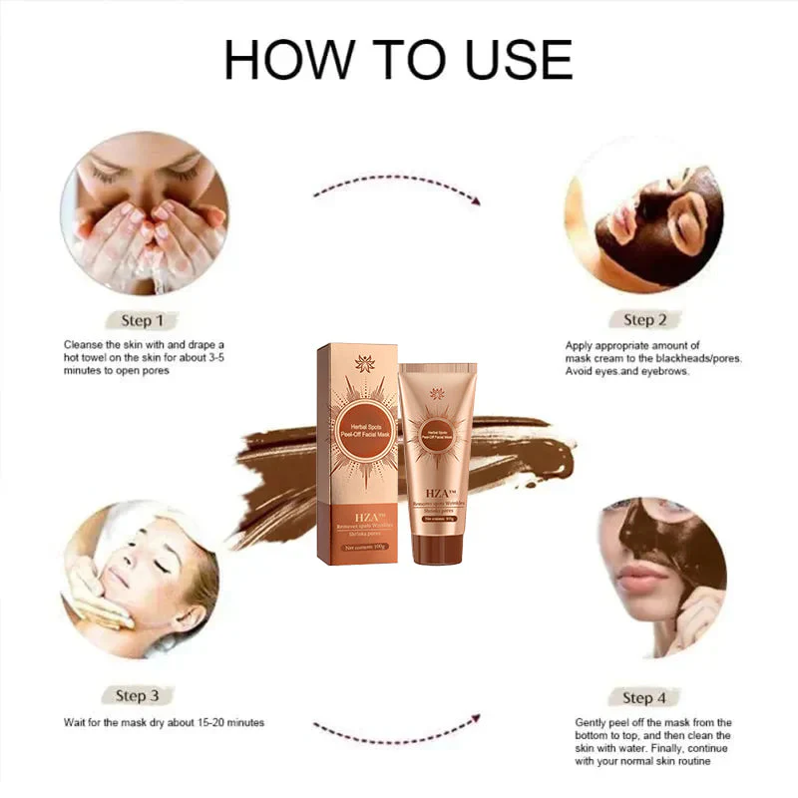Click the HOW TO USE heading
coord(398,60)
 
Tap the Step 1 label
coord(143,320)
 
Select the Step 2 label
coord(644,319)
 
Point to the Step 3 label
coord(144,695)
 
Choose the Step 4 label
coord(644,697)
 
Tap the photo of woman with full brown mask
coord(644,214)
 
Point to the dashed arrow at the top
coord(397,190)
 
